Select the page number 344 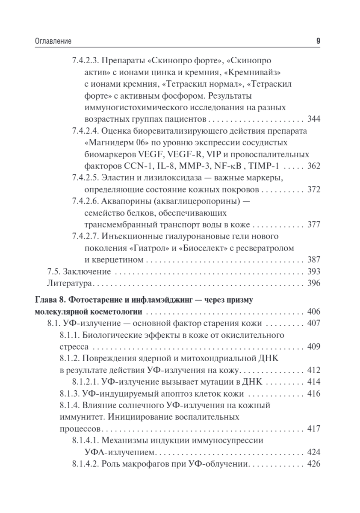314,118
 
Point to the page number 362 314,166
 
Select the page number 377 314,225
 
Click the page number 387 314,260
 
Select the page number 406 314,312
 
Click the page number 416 314,393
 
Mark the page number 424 314,452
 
